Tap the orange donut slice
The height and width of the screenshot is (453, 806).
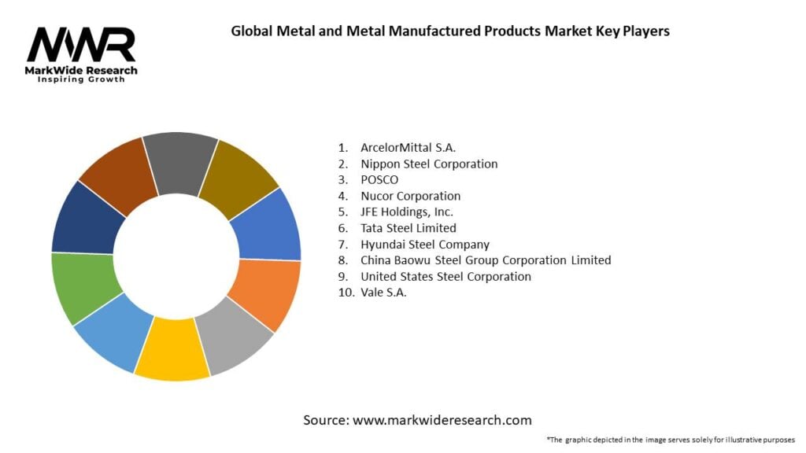click(x=267, y=293)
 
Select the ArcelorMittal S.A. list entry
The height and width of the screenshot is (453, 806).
click(x=408, y=147)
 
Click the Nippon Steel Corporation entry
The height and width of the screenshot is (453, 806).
click(x=429, y=164)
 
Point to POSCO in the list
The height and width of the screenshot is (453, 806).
click(x=379, y=180)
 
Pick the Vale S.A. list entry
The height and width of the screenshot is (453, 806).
click(x=384, y=293)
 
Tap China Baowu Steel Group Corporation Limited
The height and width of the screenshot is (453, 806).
click(x=486, y=260)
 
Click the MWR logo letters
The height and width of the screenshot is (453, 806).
click(x=81, y=46)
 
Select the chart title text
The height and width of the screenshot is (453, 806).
click(x=450, y=32)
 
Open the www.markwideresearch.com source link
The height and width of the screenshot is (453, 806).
click(x=442, y=421)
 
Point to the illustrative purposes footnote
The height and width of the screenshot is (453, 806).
click(x=671, y=440)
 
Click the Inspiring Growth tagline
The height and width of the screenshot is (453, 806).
click(x=81, y=80)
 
